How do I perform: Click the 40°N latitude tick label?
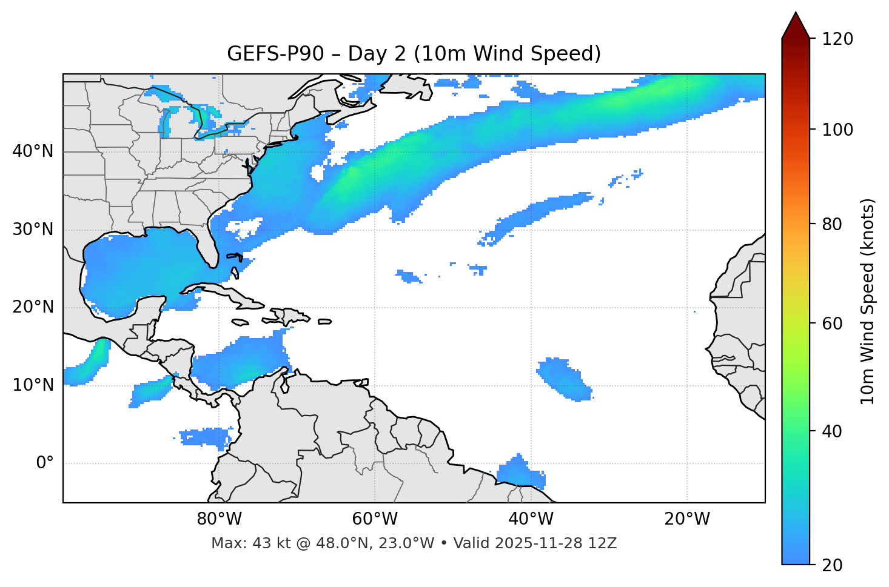pos(33,151)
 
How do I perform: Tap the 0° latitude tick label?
pos(44,463)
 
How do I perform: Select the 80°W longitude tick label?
pos(219,519)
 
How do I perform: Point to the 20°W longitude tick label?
pos(687,519)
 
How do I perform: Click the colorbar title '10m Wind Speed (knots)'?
pos(868,301)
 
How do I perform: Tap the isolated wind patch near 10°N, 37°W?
pos(564,379)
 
